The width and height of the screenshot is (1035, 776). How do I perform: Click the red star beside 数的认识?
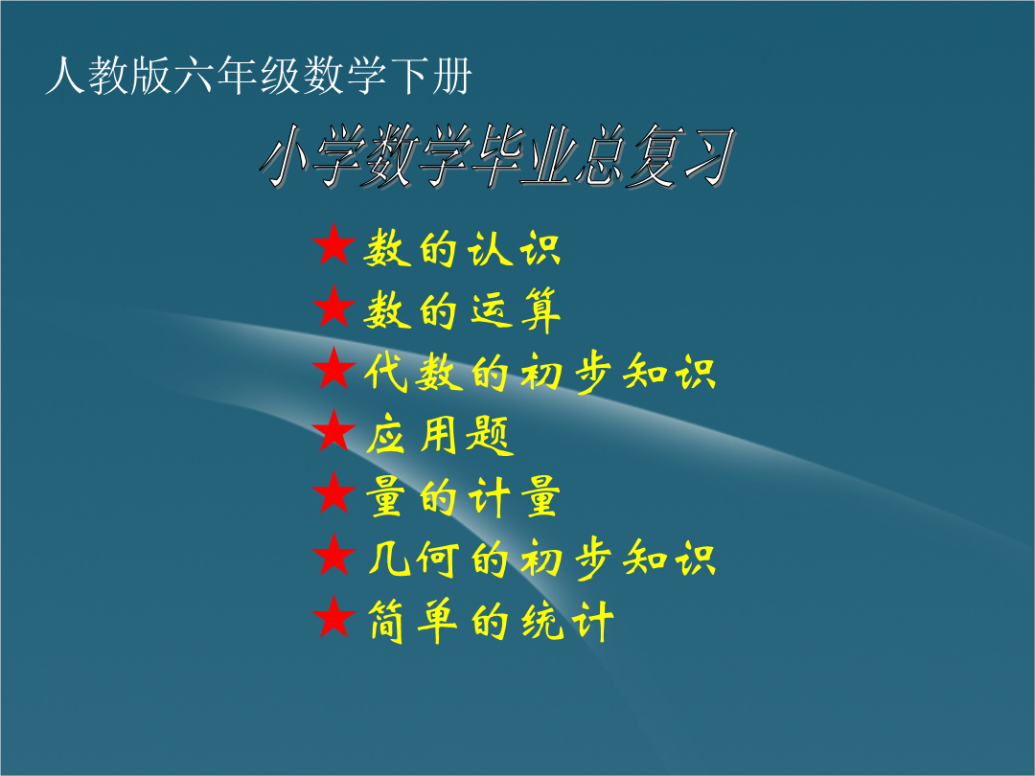tap(334, 245)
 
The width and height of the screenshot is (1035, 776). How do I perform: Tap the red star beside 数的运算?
tap(334, 308)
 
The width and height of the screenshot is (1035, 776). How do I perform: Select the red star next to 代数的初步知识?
tap(334, 370)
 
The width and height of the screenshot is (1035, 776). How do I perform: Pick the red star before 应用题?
tap(334, 431)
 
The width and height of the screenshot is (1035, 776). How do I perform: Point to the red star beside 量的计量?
tap(334, 493)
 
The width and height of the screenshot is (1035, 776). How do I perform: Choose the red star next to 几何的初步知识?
tap(334, 556)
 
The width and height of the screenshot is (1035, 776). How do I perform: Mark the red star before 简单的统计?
tap(334, 618)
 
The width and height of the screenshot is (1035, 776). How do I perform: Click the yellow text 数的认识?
tap(462, 248)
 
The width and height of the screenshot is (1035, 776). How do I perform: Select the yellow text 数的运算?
tap(462, 310)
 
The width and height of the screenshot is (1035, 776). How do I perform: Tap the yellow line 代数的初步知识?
tap(540, 372)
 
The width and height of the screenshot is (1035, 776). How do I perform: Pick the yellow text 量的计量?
tap(463, 497)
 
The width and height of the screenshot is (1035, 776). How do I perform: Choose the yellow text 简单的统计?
tap(491, 621)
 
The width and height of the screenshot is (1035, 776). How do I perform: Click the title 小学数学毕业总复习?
tap(497, 156)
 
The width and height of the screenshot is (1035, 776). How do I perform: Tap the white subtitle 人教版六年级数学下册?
tap(259, 76)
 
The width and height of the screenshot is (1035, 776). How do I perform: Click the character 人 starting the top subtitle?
tap(65, 76)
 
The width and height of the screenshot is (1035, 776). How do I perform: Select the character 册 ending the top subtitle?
tap(452, 76)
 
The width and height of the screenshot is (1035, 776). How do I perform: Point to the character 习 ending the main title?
tap(710, 156)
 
